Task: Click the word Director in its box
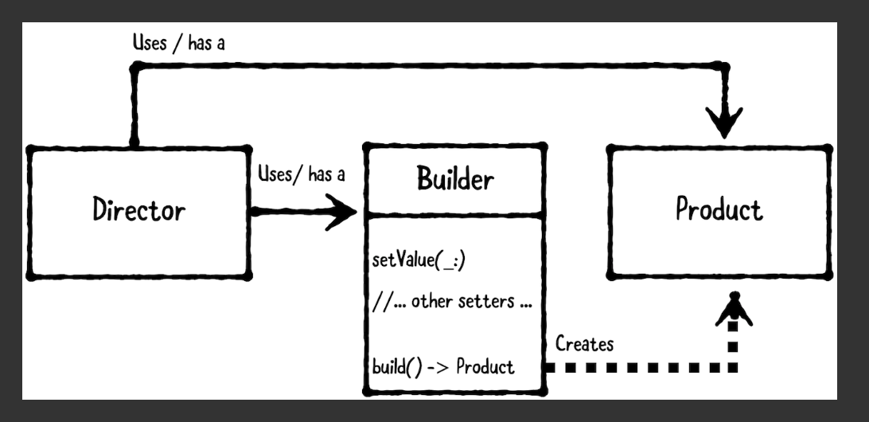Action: tap(138, 211)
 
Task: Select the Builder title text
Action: tap(455, 180)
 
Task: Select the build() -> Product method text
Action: tap(443, 367)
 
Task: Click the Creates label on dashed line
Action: tap(583, 345)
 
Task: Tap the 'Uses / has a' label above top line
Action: tap(178, 44)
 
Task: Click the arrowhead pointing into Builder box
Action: tap(344, 213)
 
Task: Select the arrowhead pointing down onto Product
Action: tap(724, 123)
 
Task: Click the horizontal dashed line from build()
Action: tap(637, 368)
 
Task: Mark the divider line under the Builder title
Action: tap(455, 215)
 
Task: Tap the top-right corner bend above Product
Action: tap(724, 70)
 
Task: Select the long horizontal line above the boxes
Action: tap(430, 70)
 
